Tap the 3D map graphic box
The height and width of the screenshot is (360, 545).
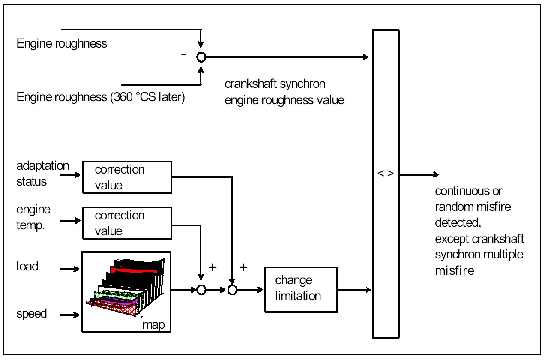[x=126, y=291]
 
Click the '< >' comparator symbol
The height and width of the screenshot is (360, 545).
[x=386, y=175]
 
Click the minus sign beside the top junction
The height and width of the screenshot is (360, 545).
[x=184, y=55]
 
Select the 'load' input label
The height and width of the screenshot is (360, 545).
[x=27, y=267]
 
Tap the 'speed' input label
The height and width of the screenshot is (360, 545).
[x=31, y=314]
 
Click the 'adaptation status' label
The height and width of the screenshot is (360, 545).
[x=42, y=173]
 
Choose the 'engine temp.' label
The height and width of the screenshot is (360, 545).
[x=33, y=217]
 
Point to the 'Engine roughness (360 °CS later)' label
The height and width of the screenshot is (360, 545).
[x=100, y=98]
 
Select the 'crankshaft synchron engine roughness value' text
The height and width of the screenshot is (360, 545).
[x=284, y=92]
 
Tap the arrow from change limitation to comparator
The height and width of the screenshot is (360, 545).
[x=354, y=290]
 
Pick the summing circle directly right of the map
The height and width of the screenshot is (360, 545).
[x=201, y=290]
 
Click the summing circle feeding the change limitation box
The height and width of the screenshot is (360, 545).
[x=232, y=290]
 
